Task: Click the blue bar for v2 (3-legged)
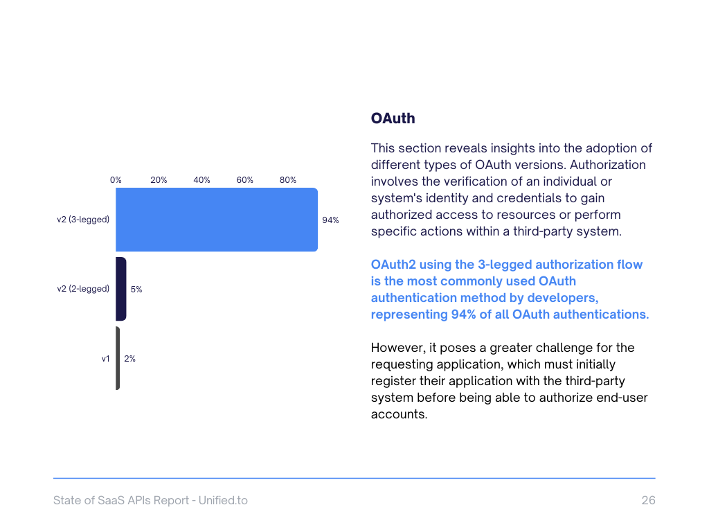[216, 220]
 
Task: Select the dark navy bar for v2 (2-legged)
[121, 289]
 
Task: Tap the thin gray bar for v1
[118, 358]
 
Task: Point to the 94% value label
[330, 220]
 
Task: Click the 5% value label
[136, 290]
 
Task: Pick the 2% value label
[129, 359]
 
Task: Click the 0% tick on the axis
[116, 180]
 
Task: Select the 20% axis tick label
[159, 180]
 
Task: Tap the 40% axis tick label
[201, 180]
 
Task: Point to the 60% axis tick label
[244, 180]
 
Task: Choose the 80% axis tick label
[288, 180]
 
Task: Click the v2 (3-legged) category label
[83, 220]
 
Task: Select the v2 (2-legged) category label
[83, 289]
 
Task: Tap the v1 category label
[105, 359]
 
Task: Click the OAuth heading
[393, 118]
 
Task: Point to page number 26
[648, 500]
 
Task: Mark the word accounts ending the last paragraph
[399, 414]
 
